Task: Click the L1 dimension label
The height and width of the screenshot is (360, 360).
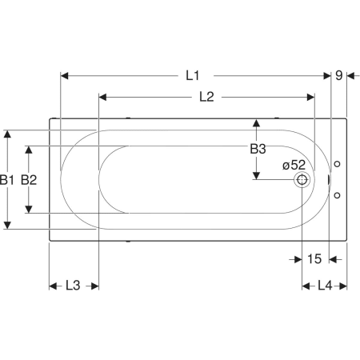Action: [x=192, y=76]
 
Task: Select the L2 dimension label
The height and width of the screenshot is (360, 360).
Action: [x=206, y=97]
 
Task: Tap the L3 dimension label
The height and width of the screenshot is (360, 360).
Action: [x=73, y=286]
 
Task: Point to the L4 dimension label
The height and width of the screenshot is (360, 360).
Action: [x=325, y=286]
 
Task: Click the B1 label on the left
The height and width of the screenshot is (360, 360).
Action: [x=6, y=180]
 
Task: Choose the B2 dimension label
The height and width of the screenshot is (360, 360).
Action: [x=29, y=180]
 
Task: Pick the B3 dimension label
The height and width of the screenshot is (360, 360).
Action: [x=258, y=149]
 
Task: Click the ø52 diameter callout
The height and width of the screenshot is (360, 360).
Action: [x=294, y=166]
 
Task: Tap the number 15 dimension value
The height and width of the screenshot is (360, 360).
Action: [x=314, y=259]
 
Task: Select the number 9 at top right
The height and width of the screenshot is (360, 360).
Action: [x=338, y=75]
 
